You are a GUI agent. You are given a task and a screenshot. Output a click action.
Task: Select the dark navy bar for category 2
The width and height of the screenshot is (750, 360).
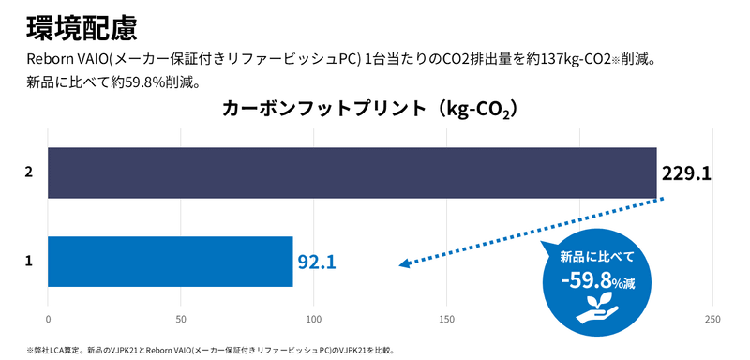click(352, 172)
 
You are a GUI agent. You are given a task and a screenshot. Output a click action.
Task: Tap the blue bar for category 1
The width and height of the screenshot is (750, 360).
click(170, 262)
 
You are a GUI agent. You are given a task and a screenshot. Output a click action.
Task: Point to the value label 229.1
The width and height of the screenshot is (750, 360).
click(687, 173)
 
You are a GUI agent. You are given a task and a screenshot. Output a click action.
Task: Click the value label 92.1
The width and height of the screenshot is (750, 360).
click(317, 262)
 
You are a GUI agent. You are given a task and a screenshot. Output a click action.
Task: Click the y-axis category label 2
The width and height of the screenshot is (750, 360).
click(29, 172)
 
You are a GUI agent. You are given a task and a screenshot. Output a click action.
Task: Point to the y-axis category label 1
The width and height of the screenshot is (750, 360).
click(29, 262)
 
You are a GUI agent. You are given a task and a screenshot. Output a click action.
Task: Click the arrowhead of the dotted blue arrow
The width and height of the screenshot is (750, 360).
click(404, 264)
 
